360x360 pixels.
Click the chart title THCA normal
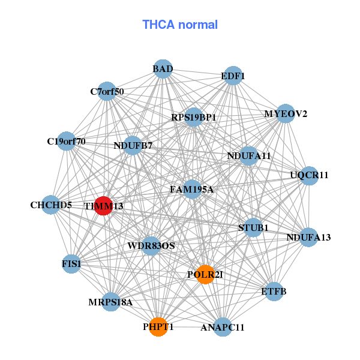[x=179, y=25]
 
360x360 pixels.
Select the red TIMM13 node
[x=103, y=206]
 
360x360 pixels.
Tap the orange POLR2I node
[x=205, y=274]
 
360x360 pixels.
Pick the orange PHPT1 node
[x=158, y=327]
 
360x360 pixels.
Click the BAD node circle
[x=163, y=69]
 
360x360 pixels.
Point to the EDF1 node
[x=232, y=76]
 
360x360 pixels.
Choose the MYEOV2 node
[x=285, y=113]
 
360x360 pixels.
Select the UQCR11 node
[x=309, y=176]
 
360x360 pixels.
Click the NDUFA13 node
[x=308, y=237]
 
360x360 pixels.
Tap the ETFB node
[x=274, y=292]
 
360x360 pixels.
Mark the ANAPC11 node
[x=223, y=327]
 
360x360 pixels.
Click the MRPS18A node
[x=110, y=302]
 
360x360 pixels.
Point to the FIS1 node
[x=71, y=263]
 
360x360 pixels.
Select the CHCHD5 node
[x=51, y=205]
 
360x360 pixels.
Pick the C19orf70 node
[x=66, y=142]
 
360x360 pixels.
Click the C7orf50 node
[x=107, y=92]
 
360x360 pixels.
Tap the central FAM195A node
[x=192, y=190]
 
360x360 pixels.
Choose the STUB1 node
[x=253, y=227]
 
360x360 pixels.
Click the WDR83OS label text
[x=151, y=246]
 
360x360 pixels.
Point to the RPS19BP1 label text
[x=193, y=118]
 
